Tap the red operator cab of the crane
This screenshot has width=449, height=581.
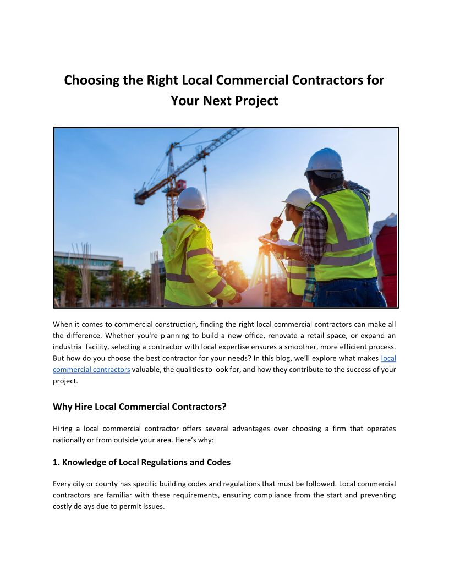[179, 185]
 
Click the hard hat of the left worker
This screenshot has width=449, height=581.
[191, 199]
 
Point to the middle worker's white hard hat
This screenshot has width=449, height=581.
[298, 198]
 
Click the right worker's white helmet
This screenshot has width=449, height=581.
[324, 161]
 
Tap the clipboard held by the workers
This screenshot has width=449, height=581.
[281, 243]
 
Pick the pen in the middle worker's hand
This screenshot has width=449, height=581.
[282, 211]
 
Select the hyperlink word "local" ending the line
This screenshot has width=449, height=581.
[388, 358]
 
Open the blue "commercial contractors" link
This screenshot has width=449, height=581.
[91, 370]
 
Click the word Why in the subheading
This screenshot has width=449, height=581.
[62, 407]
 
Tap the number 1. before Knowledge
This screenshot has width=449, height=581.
[56, 462]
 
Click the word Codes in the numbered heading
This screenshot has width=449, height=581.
[218, 462]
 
